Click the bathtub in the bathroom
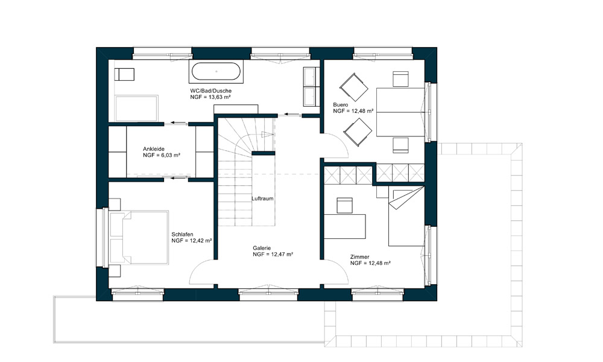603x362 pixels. (216, 72)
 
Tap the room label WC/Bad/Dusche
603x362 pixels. (210, 91)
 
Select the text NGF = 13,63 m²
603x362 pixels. (210, 97)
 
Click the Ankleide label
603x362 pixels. (154, 149)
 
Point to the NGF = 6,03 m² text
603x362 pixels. (162, 155)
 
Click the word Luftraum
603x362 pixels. (263, 198)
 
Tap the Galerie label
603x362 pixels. (262, 248)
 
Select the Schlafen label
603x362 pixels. (182, 234)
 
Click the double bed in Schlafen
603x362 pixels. (139, 237)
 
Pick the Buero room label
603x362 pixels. (341, 104)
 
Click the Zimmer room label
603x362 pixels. (359, 257)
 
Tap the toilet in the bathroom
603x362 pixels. (125, 74)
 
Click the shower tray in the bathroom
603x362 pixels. (136, 109)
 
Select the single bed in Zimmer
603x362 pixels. (406, 216)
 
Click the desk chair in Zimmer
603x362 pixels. (344, 206)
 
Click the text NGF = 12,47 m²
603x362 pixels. (273, 254)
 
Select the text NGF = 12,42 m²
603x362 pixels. (192, 241)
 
